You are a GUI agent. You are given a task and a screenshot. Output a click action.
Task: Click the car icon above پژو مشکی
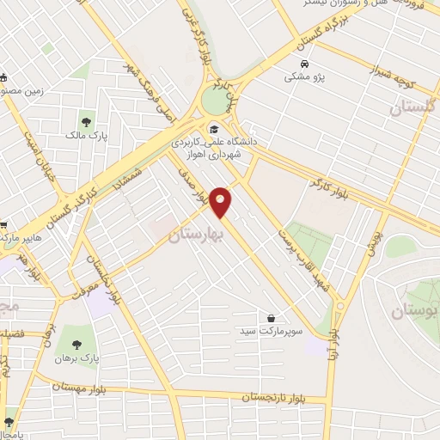click(x=304, y=64)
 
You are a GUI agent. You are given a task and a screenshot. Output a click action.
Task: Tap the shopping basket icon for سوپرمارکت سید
click(x=272, y=318)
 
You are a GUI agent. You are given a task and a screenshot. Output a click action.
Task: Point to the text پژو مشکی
click(x=304, y=77)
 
